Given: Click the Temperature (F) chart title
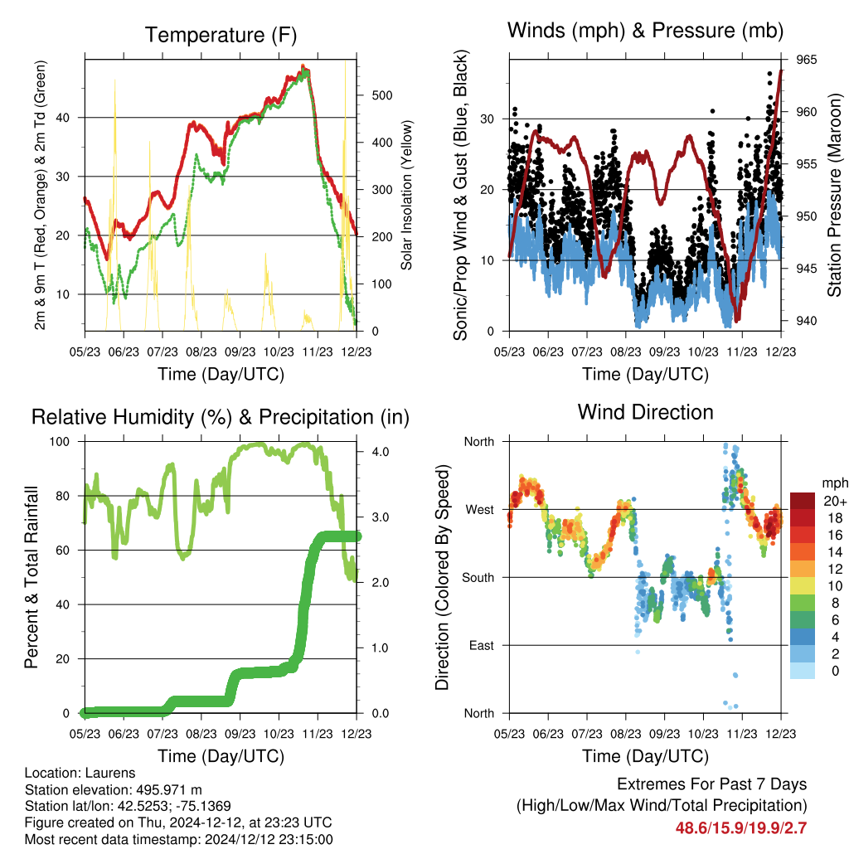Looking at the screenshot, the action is [x=221, y=35].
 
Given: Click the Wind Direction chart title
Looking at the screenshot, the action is [x=645, y=412].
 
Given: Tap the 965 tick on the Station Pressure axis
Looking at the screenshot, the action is [x=806, y=60].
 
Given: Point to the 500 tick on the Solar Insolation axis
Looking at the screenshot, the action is [x=382, y=95].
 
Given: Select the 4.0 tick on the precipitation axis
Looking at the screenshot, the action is [x=380, y=452].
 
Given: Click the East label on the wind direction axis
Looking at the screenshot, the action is [x=482, y=645].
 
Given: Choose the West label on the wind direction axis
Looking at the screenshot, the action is [x=480, y=510].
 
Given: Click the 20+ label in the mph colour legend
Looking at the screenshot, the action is [x=835, y=502].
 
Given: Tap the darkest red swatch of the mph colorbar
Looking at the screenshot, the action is [x=802, y=501].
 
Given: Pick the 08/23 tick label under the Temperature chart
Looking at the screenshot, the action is [x=201, y=352].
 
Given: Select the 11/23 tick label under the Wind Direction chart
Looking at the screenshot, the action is [x=742, y=734].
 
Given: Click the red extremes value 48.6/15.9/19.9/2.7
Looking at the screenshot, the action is [x=741, y=828].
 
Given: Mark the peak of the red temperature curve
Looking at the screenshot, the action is [x=303, y=66].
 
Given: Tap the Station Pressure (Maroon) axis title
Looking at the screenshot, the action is [x=834, y=195].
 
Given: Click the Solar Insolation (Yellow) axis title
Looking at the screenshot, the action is [x=406, y=195].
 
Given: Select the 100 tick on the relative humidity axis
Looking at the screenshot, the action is [x=60, y=442].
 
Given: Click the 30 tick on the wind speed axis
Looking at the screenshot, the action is [x=487, y=119].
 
